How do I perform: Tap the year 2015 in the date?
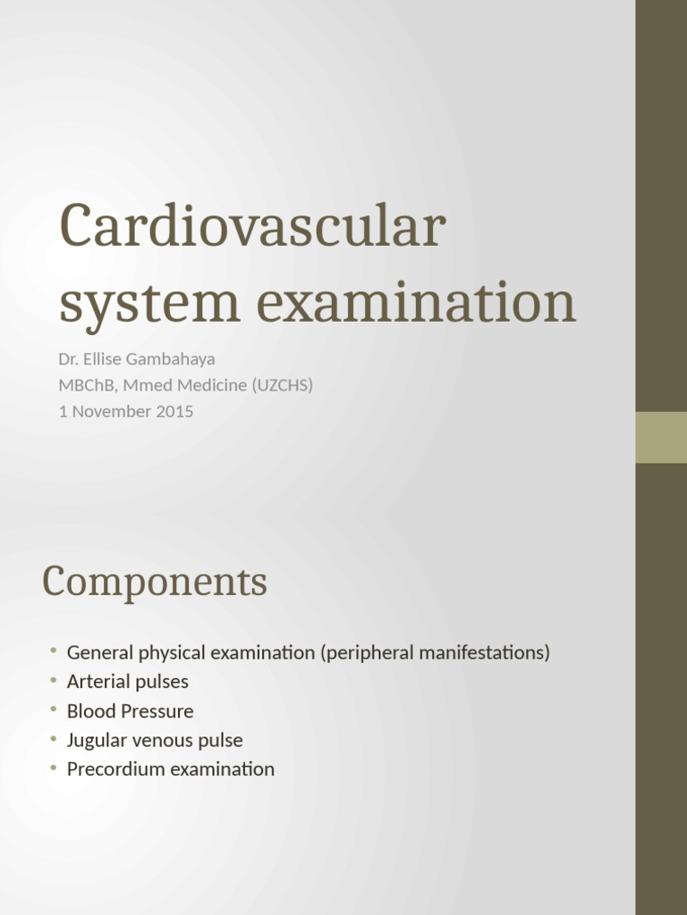tap(174, 412)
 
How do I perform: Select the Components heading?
tap(154, 583)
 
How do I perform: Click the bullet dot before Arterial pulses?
tap(54, 680)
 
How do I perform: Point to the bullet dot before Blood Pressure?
tap(54, 709)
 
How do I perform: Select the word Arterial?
tap(98, 682)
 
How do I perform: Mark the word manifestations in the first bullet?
tap(484, 652)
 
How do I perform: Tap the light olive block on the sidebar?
tap(661, 437)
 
